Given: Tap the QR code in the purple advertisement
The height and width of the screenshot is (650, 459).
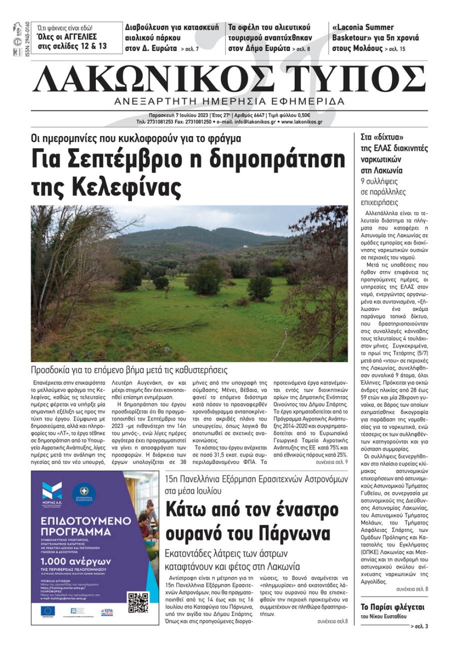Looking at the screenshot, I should pos(138,603).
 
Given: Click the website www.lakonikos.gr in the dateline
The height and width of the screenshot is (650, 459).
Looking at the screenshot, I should pos(302,122).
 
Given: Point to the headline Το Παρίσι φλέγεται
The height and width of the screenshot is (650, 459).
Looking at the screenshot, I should pos(392,607).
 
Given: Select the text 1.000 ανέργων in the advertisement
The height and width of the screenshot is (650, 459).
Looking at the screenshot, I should pos(76,561).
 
